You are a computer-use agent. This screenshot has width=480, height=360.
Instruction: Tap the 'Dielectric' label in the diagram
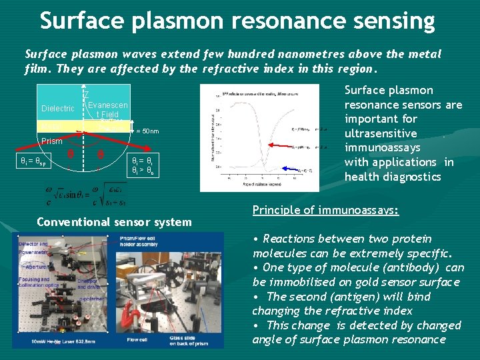pyautogui.click(x=58, y=109)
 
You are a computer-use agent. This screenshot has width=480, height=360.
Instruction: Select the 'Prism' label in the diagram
pyautogui.click(x=51, y=141)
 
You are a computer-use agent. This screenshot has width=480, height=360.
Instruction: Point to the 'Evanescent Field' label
pyautogui.click(x=108, y=110)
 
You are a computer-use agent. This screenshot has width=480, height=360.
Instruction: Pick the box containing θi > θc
pyautogui.click(x=144, y=167)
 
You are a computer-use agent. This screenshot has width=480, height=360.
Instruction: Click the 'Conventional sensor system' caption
pyautogui.click(x=114, y=222)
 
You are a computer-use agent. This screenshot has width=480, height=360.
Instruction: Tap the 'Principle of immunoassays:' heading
pyautogui.click(x=325, y=210)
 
